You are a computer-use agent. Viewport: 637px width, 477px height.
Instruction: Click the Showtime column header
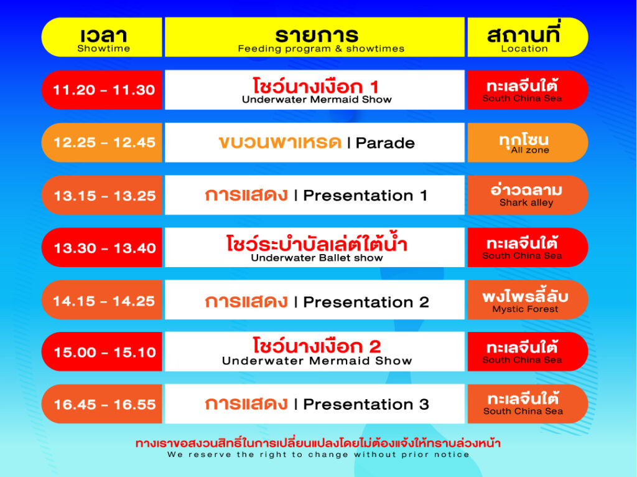point(103,37)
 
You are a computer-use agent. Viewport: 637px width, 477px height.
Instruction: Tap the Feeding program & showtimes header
point(315,37)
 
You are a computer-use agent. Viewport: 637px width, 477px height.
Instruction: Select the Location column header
point(526,37)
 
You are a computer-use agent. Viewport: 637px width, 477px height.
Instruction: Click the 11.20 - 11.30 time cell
point(103,90)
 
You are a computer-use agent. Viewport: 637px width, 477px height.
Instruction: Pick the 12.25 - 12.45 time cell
point(103,143)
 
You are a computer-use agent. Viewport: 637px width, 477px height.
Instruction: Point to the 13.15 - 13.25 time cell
point(103,196)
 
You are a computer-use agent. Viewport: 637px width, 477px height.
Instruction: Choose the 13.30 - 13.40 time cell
point(103,248)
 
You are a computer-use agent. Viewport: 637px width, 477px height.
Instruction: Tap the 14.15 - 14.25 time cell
point(103,301)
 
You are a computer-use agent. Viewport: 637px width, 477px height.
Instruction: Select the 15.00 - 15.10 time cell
point(103,352)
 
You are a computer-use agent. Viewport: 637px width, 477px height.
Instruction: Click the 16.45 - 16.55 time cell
point(103,404)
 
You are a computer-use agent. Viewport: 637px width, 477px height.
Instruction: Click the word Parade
point(385,143)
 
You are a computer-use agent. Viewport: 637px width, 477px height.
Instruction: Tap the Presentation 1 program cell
point(315,196)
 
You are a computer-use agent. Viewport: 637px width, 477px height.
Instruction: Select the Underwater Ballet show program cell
point(315,248)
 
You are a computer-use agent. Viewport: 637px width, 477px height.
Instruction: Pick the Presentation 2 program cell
point(315,301)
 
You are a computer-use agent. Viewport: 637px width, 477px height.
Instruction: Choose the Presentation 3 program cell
point(315,404)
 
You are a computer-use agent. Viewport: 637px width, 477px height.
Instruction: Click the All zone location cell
point(526,143)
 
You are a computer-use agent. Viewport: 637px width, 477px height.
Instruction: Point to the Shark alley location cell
point(526,196)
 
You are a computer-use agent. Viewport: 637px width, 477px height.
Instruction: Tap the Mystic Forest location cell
point(526,301)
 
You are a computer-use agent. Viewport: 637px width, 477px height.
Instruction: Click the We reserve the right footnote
point(318,455)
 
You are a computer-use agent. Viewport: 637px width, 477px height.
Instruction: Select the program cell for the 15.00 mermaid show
point(315,352)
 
